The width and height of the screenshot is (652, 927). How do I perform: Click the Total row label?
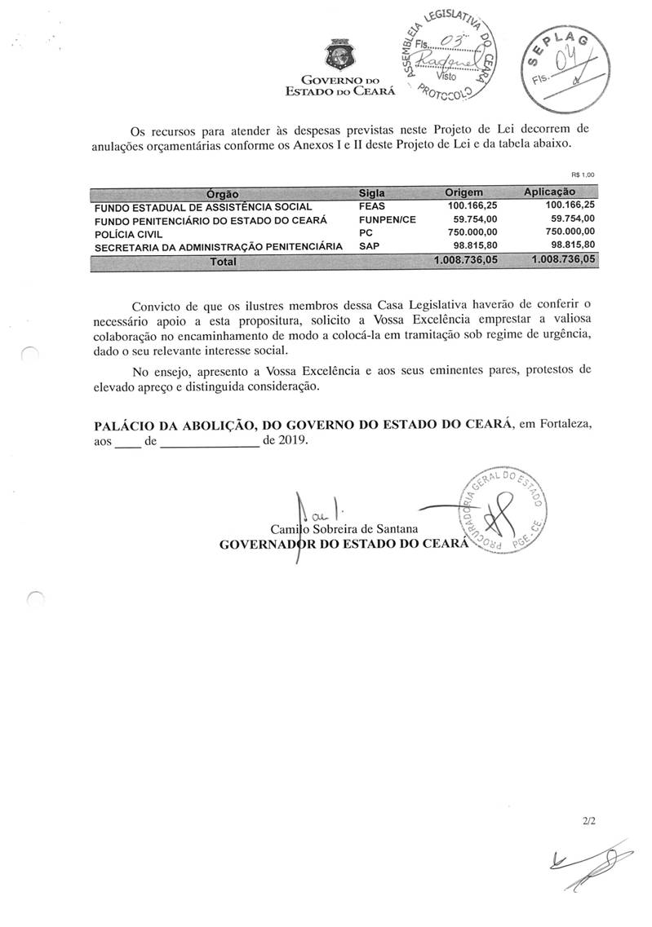point(223,261)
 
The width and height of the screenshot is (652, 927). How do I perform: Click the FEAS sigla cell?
point(372,207)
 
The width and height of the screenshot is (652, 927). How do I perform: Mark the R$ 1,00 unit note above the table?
point(583,174)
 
